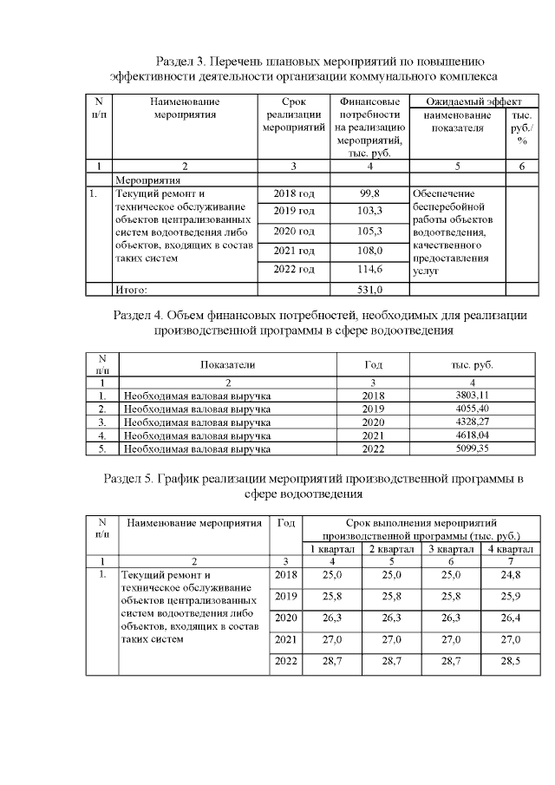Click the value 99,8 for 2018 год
370,193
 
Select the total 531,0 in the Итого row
370,290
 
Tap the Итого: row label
133,290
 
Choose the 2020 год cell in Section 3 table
294,232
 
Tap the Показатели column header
228,365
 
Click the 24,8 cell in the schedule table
510,574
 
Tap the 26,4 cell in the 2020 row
510,618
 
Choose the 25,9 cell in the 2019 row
510,596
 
